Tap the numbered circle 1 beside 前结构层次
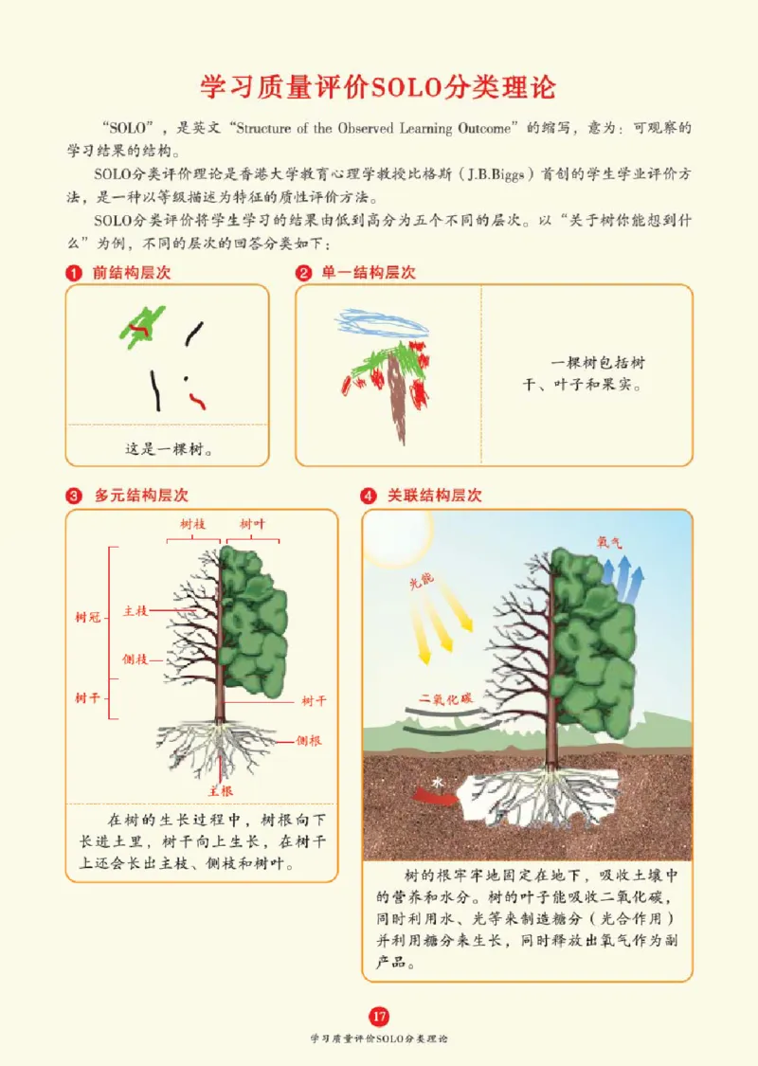pyautogui.click(x=71, y=273)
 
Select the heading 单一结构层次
pyautogui.click(x=369, y=273)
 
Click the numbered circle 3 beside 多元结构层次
pyautogui.click(x=72, y=496)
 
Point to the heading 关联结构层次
pyautogui.click(x=435, y=496)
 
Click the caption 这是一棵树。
pyautogui.click(x=169, y=449)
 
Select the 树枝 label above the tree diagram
pyautogui.click(x=193, y=524)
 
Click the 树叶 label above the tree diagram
pyautogui.click(x=252, y=524)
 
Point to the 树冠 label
pyautogui.click(x=87, y=618)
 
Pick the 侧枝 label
pyautogui.click(x=135, y=659)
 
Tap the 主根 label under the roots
pyautogui.click(x=221, y=789)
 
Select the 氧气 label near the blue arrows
pyautogui.click(x=608, y=543)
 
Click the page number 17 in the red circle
pyautogui.click(x=379, y=1017)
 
